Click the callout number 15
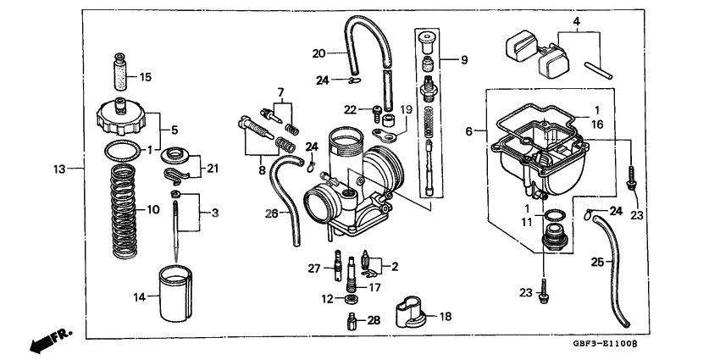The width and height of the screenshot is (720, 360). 145,77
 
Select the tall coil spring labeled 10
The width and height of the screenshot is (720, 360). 125,209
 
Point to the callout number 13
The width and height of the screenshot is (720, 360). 58,169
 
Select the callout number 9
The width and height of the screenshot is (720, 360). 463,60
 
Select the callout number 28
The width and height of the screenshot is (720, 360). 374,320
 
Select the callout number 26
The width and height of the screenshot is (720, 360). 270,214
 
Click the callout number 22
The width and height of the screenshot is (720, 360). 351,108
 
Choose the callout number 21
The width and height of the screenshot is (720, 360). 212,168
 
